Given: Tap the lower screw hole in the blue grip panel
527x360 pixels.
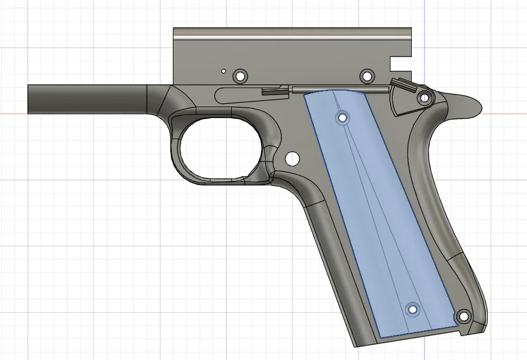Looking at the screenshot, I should pos(413,309).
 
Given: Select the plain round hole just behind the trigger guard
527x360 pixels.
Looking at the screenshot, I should pos(292,157).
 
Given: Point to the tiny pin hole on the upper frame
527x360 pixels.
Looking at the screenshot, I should pos(223,71).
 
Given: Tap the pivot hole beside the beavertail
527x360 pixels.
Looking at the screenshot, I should pos(424,97).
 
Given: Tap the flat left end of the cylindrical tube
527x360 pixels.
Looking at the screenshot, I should pos(29,99).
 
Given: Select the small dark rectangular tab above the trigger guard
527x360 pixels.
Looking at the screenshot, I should pos(275,90).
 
